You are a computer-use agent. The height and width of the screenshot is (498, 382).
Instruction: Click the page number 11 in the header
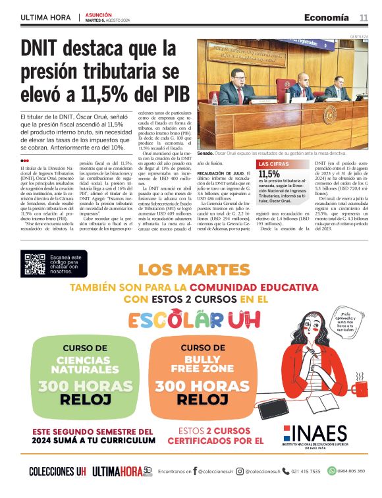[363, 17]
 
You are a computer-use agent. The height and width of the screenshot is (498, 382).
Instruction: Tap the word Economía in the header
[327, 17]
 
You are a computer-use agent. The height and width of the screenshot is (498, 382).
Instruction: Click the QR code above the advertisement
[34, 264]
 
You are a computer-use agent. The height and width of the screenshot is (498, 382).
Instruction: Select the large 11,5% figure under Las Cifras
[269, 174]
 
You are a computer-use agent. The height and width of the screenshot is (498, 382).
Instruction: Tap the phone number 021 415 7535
[305, 471]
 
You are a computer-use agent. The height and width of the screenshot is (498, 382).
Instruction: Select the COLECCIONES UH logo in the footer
[57, 471]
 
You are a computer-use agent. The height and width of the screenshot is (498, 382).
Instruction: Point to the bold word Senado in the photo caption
[207, 152]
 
